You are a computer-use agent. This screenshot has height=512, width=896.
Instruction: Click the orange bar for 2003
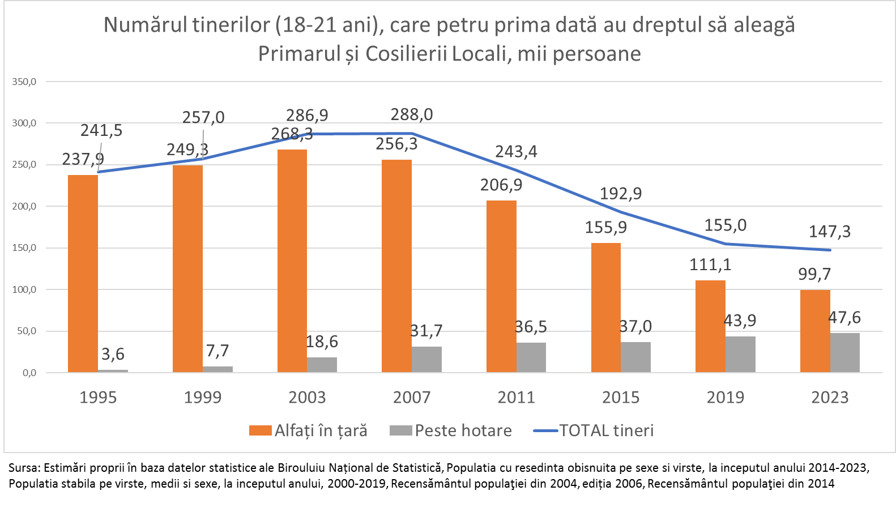coord(292,261)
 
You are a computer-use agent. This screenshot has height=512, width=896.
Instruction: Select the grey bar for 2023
coord(845,352)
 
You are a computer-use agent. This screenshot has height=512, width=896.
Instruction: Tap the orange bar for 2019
coord(710,326)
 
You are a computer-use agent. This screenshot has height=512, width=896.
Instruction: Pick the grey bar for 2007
coord(426,359)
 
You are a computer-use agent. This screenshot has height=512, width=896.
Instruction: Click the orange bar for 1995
coord(83,274)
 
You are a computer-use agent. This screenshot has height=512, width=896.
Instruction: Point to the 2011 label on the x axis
coord(517,397)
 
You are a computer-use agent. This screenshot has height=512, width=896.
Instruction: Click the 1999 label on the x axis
coord(203,397)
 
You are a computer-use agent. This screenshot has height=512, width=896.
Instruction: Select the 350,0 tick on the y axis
coord(24,82)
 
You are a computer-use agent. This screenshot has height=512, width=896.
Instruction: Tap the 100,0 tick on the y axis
coord(24,289)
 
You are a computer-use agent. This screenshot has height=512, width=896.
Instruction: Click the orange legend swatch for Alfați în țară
coord(260,430)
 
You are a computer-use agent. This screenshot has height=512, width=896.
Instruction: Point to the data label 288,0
coord(412,114)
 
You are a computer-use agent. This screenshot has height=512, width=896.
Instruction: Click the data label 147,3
coord(830,231)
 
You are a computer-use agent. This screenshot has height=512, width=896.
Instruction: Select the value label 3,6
coord(113,354)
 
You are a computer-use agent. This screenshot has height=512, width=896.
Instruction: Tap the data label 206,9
coord(501,185)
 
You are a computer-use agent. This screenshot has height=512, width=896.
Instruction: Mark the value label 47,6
coord(844,317)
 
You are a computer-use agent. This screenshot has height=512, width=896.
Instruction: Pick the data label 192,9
coord(621,193)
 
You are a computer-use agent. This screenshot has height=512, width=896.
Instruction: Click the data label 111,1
coord(710,264)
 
